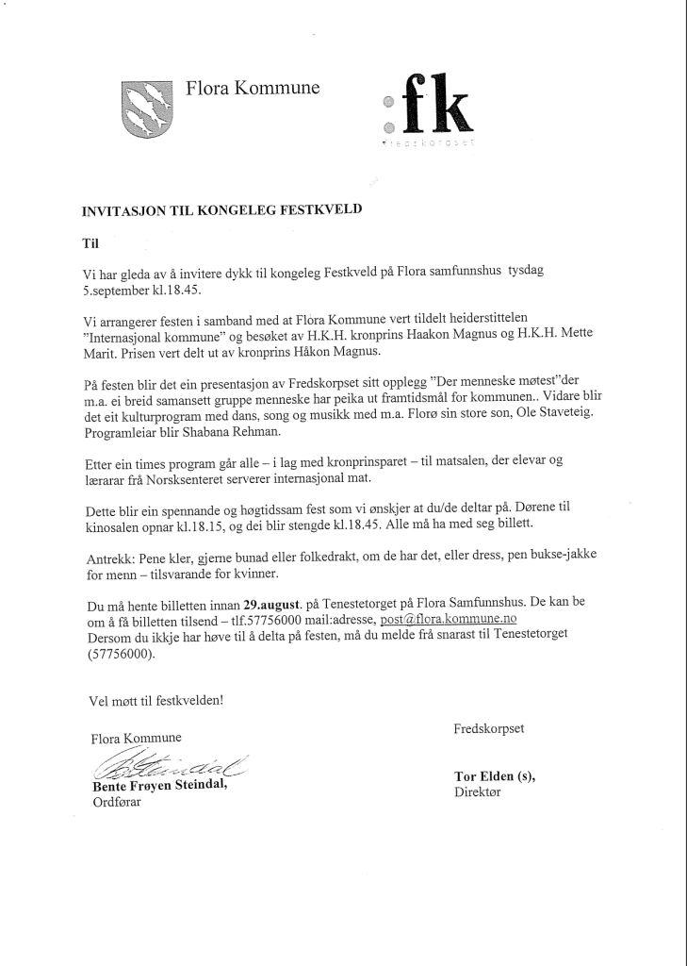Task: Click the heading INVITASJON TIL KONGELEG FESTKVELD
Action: coord(221,212)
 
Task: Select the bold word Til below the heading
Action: coord(90,242)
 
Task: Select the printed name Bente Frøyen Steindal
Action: coord(159,786)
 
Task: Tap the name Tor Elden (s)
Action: coord(494,776)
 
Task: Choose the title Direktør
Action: coord(478,793)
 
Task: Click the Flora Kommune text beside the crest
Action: coord(253,89)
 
